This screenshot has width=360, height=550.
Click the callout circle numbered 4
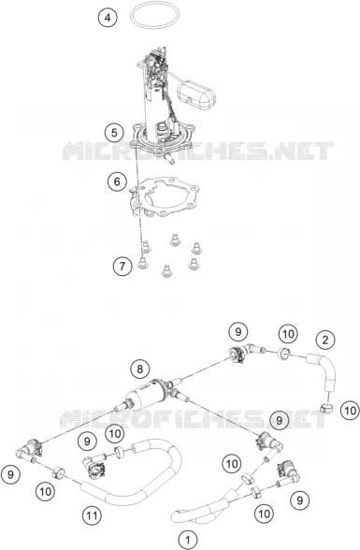(x=108, y=17)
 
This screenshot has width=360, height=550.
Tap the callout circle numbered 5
(x=114, y=133)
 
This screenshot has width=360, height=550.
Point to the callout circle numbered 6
(x=117, y=181)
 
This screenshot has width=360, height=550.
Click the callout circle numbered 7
(x=122, y=267)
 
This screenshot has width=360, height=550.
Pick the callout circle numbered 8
(x=140, y=369)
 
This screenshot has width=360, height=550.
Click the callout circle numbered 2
(x=325, y=340)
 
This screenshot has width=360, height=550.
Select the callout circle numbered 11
(x=92, y=515)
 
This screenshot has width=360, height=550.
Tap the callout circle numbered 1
(x=188, y=540)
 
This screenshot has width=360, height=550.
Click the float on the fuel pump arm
(x=196, y=94)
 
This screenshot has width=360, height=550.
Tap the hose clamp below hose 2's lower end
(x=326, y=408)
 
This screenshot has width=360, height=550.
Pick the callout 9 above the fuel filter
(x=238, y=332)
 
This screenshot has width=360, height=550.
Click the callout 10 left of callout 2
(x=288, y=334)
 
